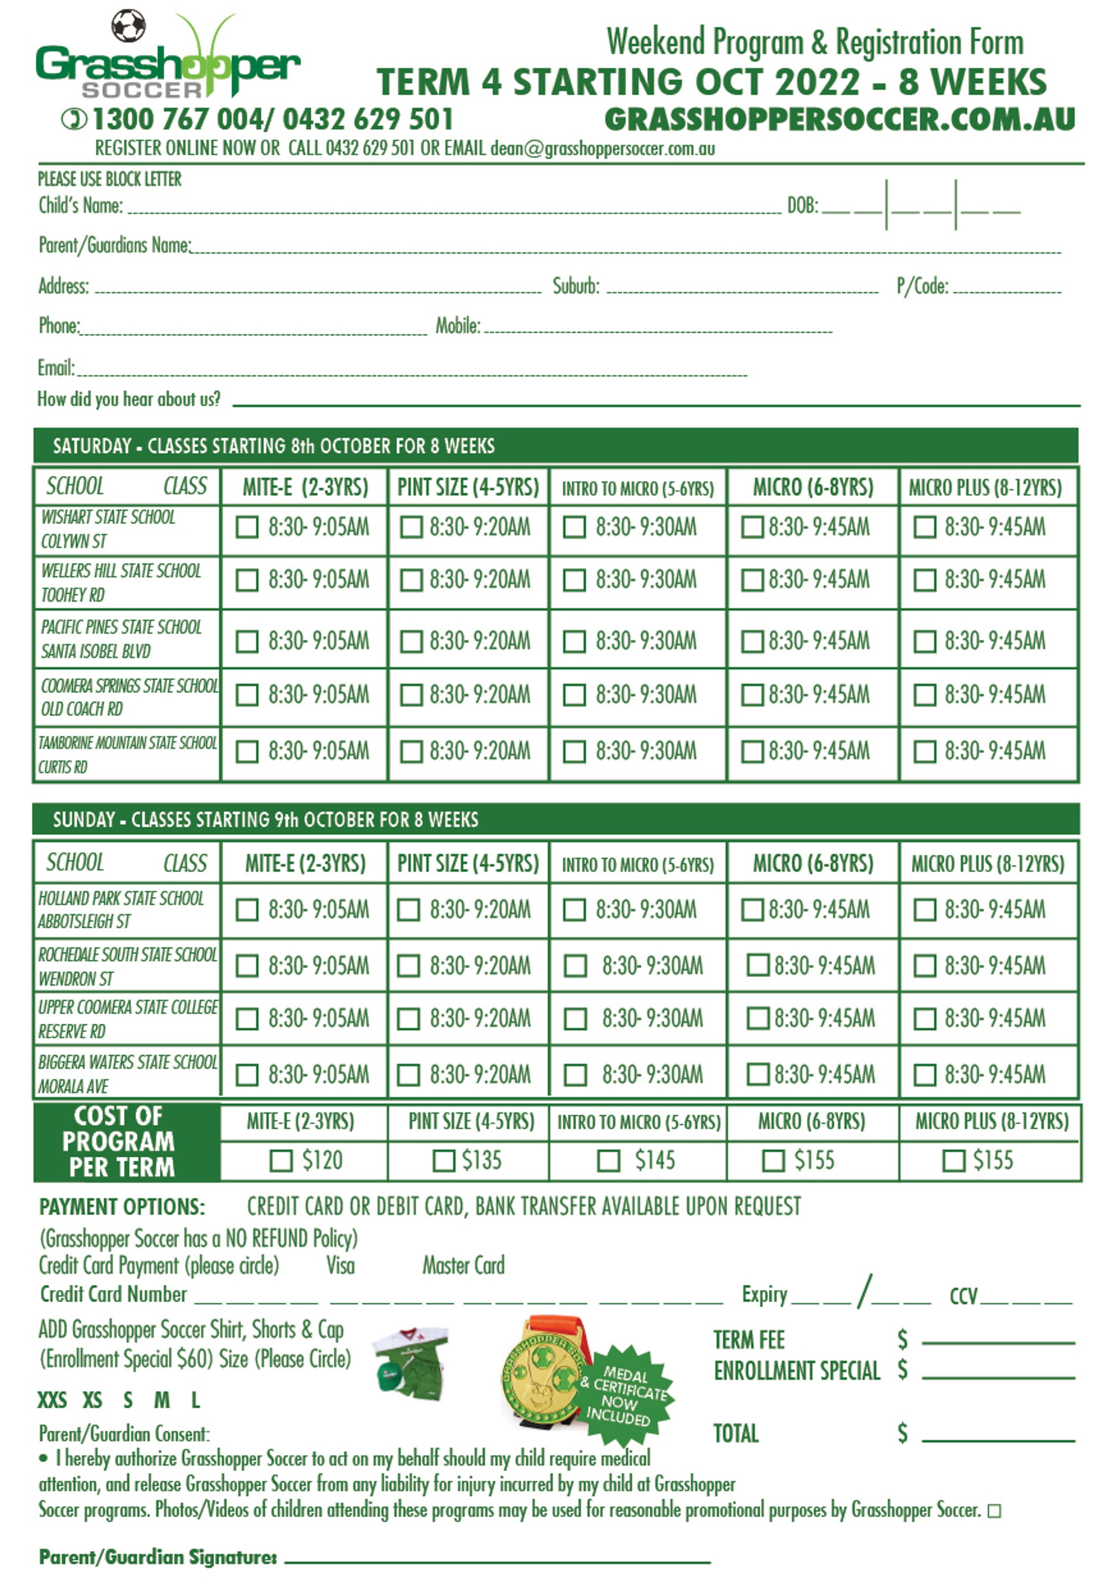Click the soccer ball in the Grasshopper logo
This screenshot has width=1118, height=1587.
pyautogui.click(x=128, y=26)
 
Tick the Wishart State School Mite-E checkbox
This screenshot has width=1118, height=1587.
pyautogui.click(x=247, y=528)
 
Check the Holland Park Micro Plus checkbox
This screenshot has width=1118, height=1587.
pyautogui.click(x=924, y=910)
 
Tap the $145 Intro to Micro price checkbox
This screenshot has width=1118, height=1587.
pyautogui.click(x=608, y=1161)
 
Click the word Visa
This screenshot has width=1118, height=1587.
pyautogui.click(x=340, y=1266)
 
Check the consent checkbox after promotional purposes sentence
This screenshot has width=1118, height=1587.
pyautogui.click(x=994, y=1512)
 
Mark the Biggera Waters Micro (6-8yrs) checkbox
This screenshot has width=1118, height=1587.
pyautogui.click(x=758, y=1074)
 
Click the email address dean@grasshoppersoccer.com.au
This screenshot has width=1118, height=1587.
pyautogui.click(x=602, y=149)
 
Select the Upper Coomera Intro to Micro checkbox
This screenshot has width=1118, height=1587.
pyautogui.click(x=575, y=1019)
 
